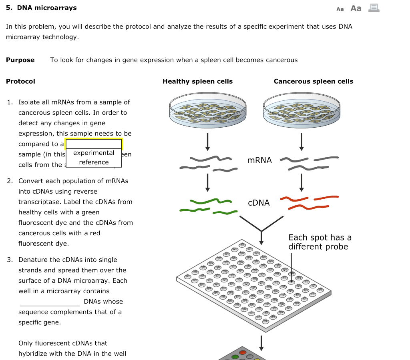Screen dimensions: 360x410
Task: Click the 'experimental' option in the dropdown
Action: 94,153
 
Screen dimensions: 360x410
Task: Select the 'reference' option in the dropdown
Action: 94,162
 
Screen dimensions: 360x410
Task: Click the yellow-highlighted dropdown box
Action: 94,144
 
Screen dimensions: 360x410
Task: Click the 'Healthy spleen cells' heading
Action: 197,82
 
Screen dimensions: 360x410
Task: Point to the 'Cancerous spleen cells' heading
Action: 314,82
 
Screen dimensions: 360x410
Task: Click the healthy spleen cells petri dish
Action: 207,110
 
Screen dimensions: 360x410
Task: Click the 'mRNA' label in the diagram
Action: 259,160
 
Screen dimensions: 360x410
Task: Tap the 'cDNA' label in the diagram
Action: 259,203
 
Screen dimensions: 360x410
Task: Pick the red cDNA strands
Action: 309,202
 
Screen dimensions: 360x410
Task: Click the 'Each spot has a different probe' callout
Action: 320,242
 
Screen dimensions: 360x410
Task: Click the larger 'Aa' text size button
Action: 356,8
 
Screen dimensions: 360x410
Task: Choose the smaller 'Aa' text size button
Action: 340,9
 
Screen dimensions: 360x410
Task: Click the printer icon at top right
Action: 374,8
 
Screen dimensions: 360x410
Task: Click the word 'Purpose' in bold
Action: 20,60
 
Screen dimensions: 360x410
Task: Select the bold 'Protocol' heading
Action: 20,82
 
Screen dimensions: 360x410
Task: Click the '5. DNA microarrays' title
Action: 41,8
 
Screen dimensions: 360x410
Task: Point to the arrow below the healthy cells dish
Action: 207,141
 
